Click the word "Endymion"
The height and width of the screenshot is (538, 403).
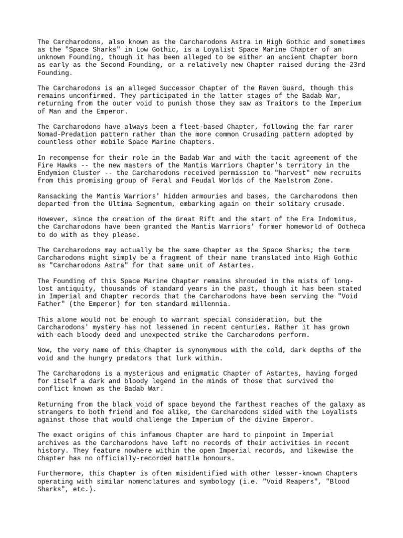(55, 173)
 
